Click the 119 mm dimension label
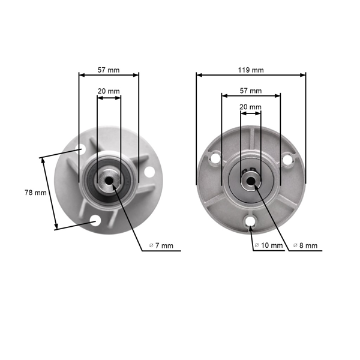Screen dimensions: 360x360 tap(251, 70)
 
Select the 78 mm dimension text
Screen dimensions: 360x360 tap(35, 193)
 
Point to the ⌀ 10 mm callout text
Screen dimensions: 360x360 tap(268, 246)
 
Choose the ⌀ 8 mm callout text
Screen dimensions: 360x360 tap(305, 246)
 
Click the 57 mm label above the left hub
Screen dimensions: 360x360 tap(109, 70)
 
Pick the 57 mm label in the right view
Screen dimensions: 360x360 tap(251, 91)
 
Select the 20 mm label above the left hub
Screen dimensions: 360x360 tap(109, 91)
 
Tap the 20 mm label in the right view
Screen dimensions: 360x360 tap(251, 107)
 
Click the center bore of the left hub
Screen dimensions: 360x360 tap(109, 179)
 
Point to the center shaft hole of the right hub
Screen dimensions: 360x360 tap(251, 179)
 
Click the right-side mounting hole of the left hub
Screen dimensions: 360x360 tap(148, 174)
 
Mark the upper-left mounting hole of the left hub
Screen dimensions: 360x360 tap(80, 150)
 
